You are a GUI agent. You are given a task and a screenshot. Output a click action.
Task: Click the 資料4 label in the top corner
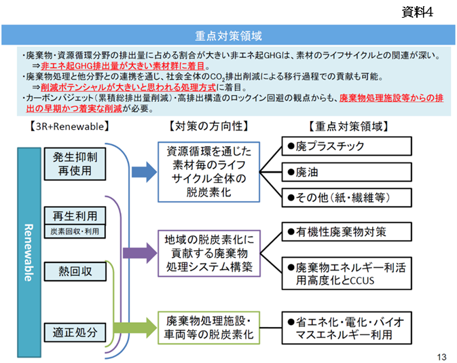(417, 12)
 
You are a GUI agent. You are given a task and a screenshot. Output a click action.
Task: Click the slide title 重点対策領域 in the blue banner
(228, 36)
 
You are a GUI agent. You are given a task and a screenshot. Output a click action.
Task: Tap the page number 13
(441, 357)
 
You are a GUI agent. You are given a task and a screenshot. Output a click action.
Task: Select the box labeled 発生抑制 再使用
(75, 164)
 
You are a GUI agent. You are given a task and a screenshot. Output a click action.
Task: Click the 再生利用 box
(75, 216)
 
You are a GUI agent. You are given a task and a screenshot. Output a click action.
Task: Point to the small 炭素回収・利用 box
(75, 232)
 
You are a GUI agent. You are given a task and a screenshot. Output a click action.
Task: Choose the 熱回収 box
(75, 271)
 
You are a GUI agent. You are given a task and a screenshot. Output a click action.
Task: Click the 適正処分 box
(75, 332)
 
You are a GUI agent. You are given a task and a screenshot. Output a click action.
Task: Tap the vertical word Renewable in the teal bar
(29, 253)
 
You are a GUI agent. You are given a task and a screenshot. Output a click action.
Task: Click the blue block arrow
(144, 172)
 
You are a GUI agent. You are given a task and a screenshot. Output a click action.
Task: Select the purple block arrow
(140, 253)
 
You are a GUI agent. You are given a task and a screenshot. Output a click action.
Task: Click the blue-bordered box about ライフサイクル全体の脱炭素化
(208, 172)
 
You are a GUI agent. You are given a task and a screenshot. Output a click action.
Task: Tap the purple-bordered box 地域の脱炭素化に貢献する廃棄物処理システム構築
(208, 254)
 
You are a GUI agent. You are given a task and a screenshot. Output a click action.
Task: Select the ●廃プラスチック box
(346, 146)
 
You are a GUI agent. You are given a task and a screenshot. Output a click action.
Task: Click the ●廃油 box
(346, 172)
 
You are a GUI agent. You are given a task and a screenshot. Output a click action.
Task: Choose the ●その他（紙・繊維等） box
(346, 198)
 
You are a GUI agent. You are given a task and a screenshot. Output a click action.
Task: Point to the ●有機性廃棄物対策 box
(346, 232)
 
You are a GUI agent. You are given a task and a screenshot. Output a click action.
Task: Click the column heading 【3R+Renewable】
(69, 126)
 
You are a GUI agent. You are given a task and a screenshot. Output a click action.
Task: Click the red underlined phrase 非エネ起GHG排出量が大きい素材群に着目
(123, 66)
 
